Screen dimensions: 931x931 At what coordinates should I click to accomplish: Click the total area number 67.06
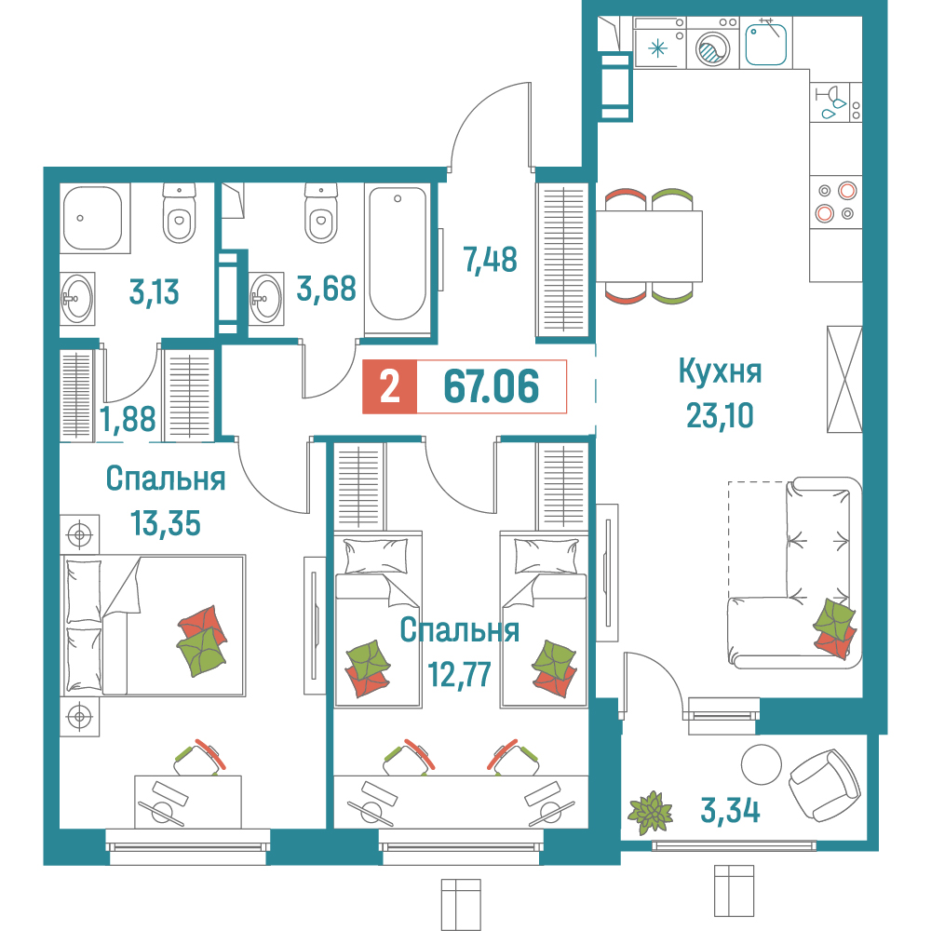point(492,386)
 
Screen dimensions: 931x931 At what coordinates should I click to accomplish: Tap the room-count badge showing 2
point(390,386)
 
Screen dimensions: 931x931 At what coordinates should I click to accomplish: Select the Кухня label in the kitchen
point(720,372)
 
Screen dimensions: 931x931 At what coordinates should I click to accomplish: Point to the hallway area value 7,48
point(490,258)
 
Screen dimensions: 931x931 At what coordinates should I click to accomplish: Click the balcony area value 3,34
point(729,810)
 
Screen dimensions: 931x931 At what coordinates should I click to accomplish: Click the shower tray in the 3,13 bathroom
point(92,217)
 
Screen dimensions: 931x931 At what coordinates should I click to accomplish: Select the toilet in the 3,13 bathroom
point(179,212)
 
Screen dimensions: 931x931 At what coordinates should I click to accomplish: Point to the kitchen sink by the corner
point(768,43)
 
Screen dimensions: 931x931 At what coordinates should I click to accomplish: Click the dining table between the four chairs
point(649,245)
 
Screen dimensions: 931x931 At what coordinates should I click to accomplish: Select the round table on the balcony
point(762,764)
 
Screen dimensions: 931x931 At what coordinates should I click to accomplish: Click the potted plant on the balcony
point(650,810)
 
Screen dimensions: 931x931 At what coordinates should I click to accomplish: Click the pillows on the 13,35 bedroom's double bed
point(84,622)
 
